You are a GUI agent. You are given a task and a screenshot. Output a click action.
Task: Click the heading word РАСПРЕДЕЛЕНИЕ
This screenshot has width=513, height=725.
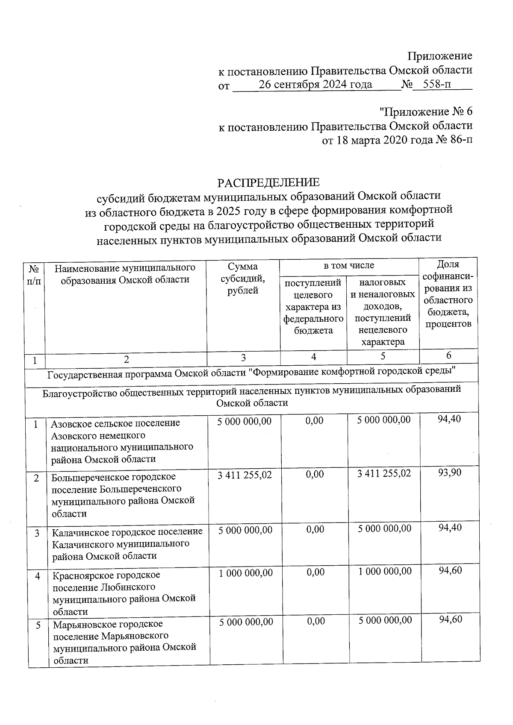coord(268,183)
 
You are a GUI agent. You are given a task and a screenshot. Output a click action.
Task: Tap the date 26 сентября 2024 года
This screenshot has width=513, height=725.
coord(315,85)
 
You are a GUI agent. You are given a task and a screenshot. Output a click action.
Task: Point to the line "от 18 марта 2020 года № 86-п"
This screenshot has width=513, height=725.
coord(397,140)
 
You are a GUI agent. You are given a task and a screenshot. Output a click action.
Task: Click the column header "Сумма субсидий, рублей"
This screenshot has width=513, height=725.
coord(242,279)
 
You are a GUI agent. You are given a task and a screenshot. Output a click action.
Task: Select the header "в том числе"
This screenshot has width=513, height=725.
coord(348,265)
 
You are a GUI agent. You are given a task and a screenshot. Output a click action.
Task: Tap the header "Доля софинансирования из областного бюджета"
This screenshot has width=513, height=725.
coord(448,294)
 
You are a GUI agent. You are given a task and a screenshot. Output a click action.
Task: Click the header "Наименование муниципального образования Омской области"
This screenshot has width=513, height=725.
coord(125,274)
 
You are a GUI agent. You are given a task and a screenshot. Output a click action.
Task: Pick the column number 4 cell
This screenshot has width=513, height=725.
coord(314,357)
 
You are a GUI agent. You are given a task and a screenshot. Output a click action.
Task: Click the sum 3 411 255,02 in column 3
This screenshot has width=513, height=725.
coord(245,475)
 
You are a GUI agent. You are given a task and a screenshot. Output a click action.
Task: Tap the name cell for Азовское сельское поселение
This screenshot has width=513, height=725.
coord(122,441)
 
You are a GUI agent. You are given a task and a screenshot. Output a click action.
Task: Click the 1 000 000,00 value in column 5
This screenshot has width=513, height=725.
coord(385,572)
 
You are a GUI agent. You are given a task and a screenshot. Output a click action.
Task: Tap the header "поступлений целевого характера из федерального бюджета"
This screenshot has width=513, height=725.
coord(313,306)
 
